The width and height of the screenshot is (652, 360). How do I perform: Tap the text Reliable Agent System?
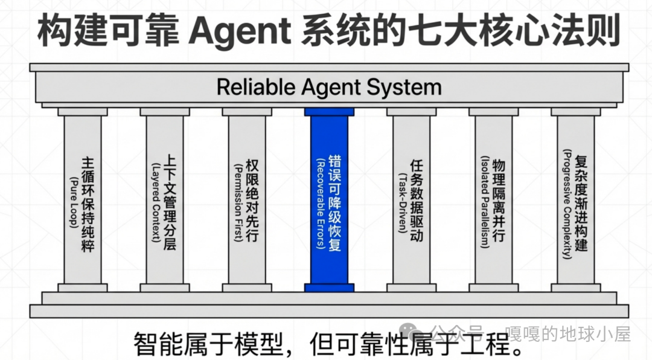click(x=329, y=87)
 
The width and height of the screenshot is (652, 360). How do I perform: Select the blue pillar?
click(x=329, y=199)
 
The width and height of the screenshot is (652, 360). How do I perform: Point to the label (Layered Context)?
click(x=156, y=199)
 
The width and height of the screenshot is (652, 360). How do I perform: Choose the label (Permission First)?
click(x=237, y=199)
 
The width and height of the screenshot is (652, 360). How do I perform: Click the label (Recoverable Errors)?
click(x=321, y=199)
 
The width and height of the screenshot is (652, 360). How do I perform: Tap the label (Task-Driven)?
click(x=403, y=199)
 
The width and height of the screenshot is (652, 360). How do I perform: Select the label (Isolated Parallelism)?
click(x=484, y=199)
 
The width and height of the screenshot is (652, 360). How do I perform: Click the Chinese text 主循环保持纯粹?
click(x=88, y=202)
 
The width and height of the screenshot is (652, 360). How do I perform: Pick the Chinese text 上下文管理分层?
click(x=170, y=199)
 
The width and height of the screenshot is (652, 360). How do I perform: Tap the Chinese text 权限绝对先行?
click(x=252, y=199)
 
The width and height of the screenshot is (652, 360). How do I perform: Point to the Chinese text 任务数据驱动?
click(x=417, y=199)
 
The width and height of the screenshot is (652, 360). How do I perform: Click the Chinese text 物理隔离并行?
click(x=499, y=199)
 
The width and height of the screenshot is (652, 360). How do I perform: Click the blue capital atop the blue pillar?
click(x=329, y=112)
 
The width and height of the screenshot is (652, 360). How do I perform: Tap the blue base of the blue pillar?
click(x=329, y=288)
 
